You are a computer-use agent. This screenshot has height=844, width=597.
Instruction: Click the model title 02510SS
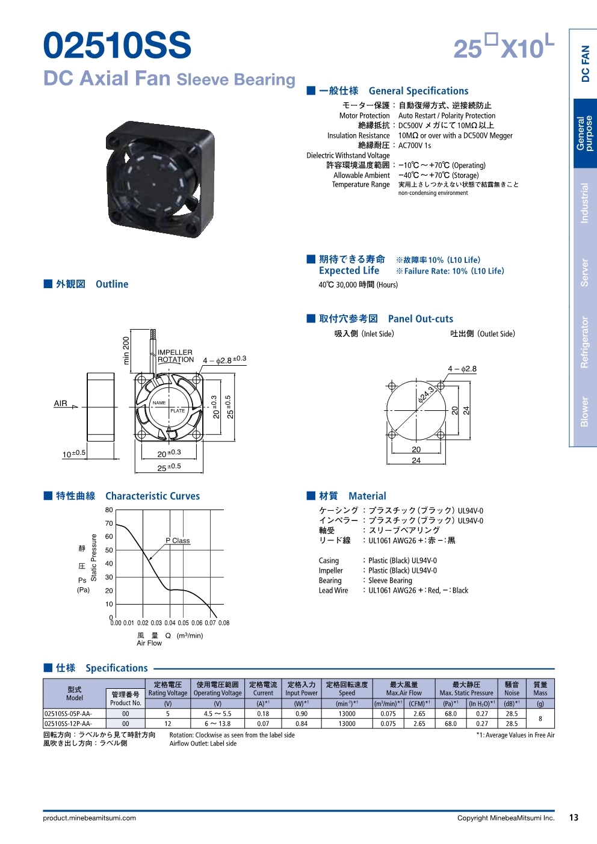coord(117,46)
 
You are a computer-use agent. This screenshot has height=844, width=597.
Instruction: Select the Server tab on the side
coord(584,273)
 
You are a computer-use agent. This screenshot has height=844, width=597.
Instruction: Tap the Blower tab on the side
coord(584,411)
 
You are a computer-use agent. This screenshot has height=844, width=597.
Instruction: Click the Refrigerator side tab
coord(584,342)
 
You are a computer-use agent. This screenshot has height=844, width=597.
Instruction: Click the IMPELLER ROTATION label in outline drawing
coord(175,356)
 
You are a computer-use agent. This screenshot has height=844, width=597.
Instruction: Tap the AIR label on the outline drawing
coord(61,404)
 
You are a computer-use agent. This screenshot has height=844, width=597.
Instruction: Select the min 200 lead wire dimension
coord(126,350)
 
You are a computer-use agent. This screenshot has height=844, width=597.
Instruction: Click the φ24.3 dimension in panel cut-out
coord(426,395)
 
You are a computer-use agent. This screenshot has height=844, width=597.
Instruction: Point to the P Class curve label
coord(178,540)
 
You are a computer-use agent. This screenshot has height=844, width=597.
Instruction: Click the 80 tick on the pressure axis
coord(109,510)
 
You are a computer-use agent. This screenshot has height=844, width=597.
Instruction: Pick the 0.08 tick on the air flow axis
coord(224,623)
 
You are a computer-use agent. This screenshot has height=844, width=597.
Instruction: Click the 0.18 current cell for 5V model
coord(263,713)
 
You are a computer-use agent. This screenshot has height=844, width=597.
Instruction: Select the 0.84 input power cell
coord(302,724)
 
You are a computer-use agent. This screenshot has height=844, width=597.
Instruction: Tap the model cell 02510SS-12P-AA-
coord(68,724)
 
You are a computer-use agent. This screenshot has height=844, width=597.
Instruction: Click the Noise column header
coord(512,689)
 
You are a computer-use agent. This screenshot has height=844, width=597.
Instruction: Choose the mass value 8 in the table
coord(540,719)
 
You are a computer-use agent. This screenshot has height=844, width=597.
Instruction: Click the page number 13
coord(574,818)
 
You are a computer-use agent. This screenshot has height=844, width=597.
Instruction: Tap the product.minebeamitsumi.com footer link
coord(90,818)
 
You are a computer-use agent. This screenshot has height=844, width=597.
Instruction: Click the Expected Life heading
coord(349,271)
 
